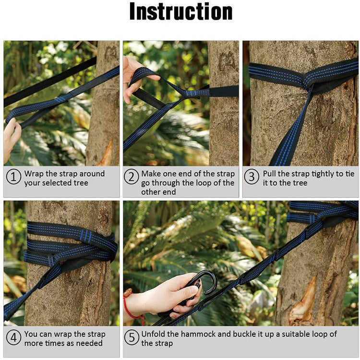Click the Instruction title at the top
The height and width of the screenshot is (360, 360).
180,12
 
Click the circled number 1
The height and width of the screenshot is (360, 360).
13,177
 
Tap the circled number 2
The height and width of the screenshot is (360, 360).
132,177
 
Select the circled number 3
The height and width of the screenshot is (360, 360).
252,177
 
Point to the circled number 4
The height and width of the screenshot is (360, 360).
13,338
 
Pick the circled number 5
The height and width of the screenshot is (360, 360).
132,338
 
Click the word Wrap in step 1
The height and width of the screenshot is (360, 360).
34,173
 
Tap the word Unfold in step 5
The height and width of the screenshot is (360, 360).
153,334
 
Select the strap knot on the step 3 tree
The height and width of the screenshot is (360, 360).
305,82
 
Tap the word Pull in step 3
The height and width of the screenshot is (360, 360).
270,173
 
